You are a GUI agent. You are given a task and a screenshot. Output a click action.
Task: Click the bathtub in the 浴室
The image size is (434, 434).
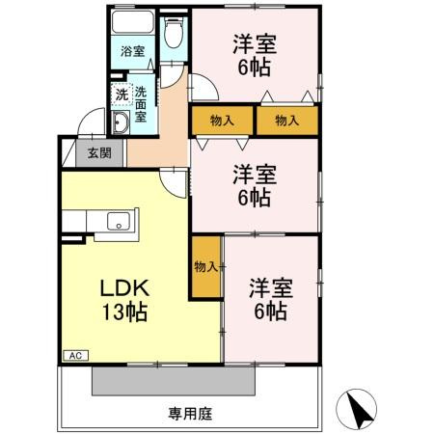pyautogui.click(x=132, y=23)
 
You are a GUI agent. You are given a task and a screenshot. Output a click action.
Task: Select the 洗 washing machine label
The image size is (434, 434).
pyautogui.click(x=122, y=95)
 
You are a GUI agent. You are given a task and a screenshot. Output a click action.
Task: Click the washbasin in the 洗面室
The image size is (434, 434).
pyautogui.click(x=122, y=123)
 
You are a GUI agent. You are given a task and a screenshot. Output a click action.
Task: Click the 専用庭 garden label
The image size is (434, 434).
pyautogui.click(x=189, y=414)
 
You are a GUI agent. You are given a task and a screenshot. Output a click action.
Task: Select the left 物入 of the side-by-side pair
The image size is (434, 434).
pyautogui.click(x=219, y=121)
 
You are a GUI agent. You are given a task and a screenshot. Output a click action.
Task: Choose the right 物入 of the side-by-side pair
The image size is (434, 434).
pyautogui.click(x=286, y=121)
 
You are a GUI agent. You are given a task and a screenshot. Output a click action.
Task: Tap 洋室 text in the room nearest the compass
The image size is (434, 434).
pyautogui.click(x=271, y=287)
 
